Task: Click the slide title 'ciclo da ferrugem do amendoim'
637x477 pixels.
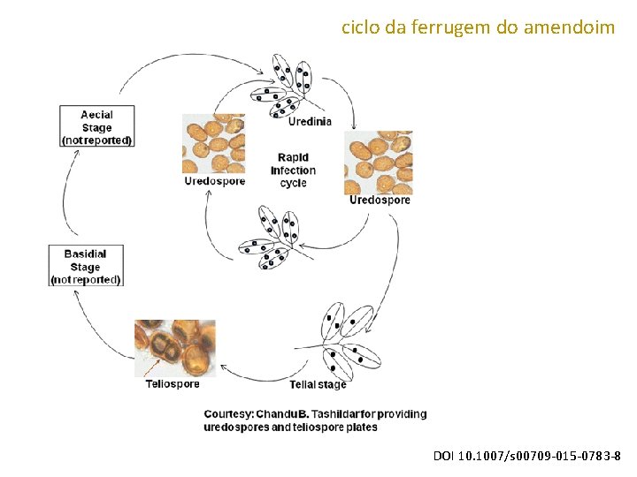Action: click(x=478, y=27)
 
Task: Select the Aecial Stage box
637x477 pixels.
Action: click(x=96, y=126)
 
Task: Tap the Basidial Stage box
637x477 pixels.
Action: click(x=85, y=266)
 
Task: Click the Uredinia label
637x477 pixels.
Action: click(x=310, y=122)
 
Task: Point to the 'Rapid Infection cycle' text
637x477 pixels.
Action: click(x=293, y=170)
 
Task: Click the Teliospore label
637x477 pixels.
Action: click(x=173, y=384)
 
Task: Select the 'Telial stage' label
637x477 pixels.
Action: click(x=318, y=384)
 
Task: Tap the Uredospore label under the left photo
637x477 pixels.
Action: click(x=214, y=181)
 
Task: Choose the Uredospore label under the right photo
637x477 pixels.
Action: click(x=380, y=200)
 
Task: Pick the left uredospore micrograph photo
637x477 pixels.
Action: click(x=213, y=144)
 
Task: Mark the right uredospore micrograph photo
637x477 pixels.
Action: click(x=378, y=163)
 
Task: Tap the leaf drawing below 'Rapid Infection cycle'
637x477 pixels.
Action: click(x=271, y=236)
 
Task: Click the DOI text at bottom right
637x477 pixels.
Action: click(x=526, y=456)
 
